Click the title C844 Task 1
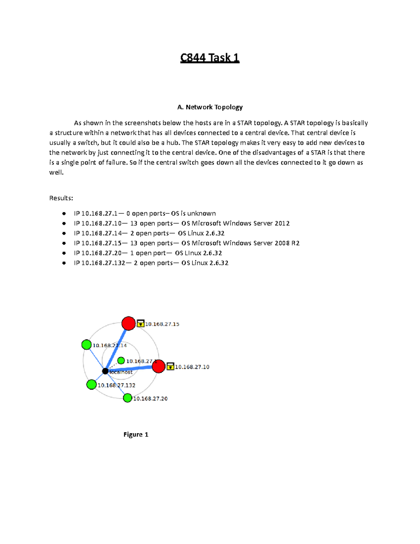210,57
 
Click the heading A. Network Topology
210,107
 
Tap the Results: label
61,198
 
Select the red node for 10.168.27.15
128,323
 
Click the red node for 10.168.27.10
159,366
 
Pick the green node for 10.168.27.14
86,345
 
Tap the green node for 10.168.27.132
91,385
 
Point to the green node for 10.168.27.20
127,398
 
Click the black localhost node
105,371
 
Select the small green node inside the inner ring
121,360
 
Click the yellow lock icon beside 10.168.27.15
140,323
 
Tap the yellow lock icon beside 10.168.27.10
170,366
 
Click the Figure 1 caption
136,435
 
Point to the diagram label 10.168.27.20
150,399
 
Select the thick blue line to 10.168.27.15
117,347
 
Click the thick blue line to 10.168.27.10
132,369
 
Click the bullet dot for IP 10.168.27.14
64,233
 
